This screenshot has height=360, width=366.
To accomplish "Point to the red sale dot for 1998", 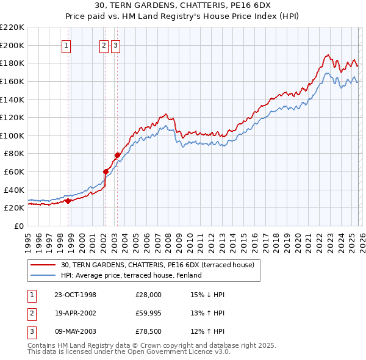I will pyautogui.click(x=68, y=200).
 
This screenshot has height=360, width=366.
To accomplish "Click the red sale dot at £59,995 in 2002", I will pyautogui.click(x=106, y=171).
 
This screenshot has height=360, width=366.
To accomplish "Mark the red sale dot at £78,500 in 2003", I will pyautogui.click(x=117, y=155).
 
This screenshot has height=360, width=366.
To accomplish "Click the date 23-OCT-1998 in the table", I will pyautogui.click(x=75, y=295).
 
